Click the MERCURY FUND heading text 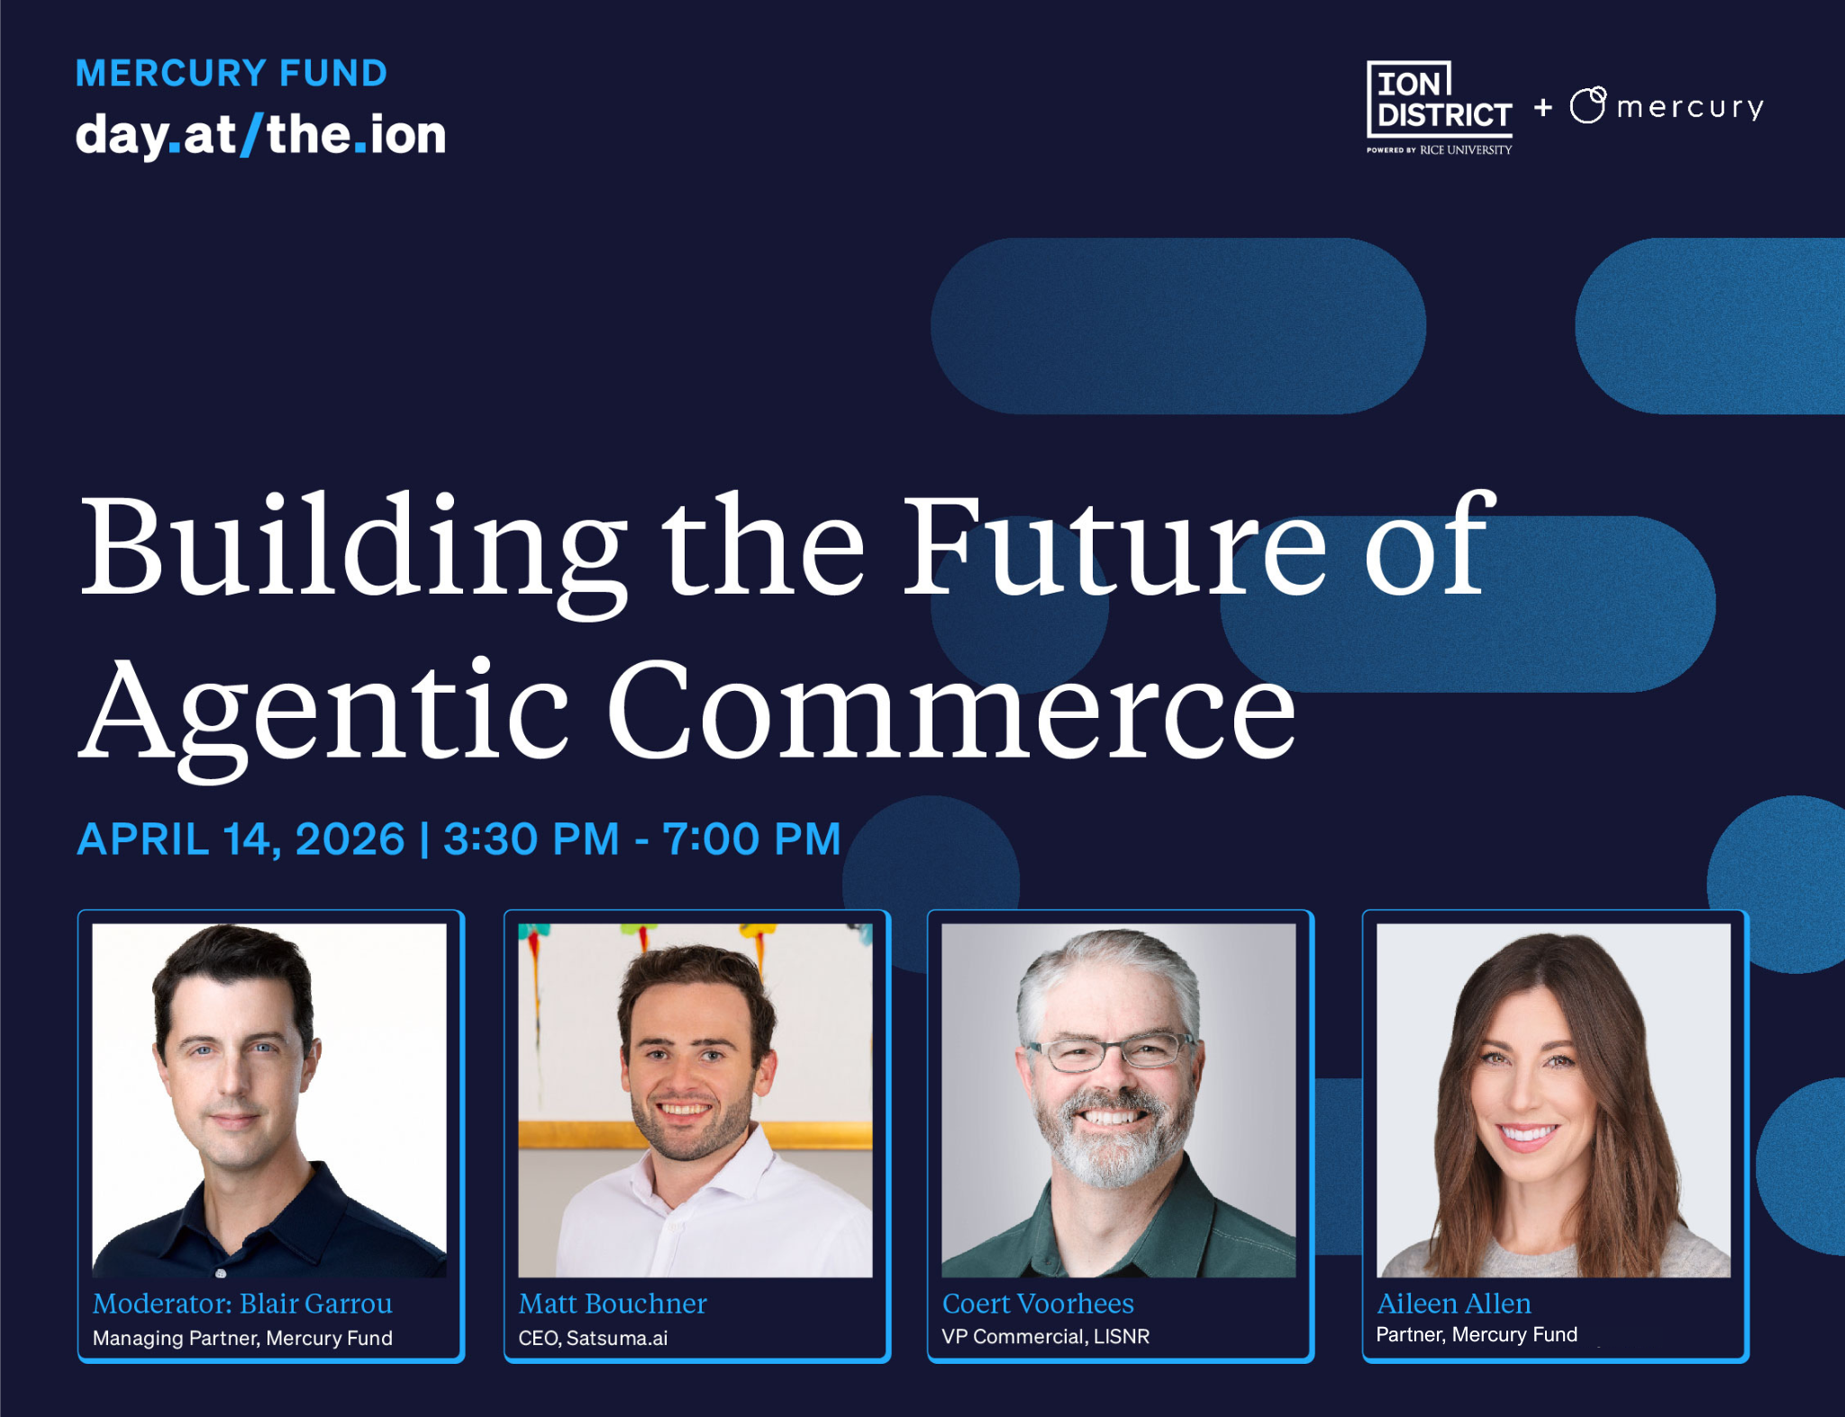click(x=232, y=73)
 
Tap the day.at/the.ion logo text click(x=261, y=135)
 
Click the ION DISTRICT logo click(x=1440, y=107)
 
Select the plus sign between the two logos click(x=1543, y=107)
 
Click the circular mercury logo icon click(x=1588, y=104)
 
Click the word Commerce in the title click(x=952, y=708)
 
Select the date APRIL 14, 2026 click(x=241, y=839)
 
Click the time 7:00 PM click(x=752, y=839)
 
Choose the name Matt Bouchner click(x=613, y=1303)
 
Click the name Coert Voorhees click(x=1038, y=1303)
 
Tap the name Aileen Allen click(x=1454, y=1303)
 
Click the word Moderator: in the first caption click(x=163, y=1303)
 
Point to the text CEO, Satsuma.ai click(x=593, y=1338)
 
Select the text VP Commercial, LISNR click(x=1046, y=1336)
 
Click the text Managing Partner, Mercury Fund click(x=242, y=1338)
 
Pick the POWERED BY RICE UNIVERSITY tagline click(x=1440, y=150)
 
